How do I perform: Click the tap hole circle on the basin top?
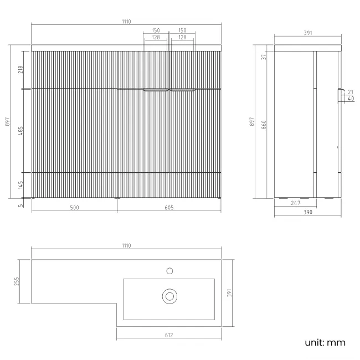(x=169, y=271)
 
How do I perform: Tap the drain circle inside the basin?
(x=169, y=296)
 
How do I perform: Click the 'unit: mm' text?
(x=325, y=342)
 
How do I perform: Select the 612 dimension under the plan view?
(x=169, y=335)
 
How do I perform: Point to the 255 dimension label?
(x=17, y=281)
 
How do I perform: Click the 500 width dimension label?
(x=74, y=208)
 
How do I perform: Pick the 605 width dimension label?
(x=169, y=208)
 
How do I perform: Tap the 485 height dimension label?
(x=20, y=131)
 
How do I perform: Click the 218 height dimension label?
(x=20, y=69)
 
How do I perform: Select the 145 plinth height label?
(x=20, y=185)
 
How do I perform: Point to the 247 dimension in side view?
(x=296, y=203)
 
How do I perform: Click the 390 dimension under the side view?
(x=308, y=212)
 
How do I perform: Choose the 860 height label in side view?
(x=264, y=125)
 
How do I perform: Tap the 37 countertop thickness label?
(x=264, y=56)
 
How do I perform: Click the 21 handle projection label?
(x=351, y=92)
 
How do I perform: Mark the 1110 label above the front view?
(x=126, y=22)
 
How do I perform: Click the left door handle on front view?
(x=156, y=90)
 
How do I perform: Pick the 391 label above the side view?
(x=308, y=33)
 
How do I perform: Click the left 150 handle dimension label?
(x=156, y=30)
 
